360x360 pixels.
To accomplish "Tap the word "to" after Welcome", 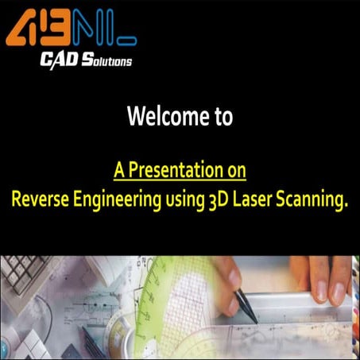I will click(221, 118).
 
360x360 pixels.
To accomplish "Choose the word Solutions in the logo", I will click(107, 60).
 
